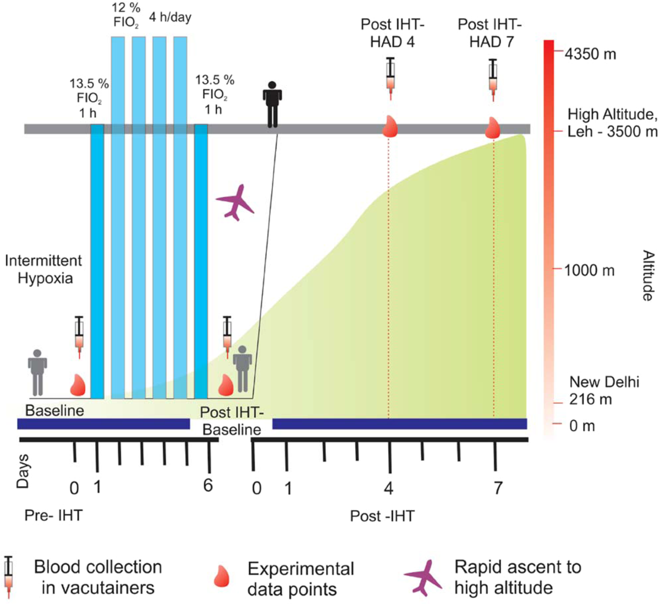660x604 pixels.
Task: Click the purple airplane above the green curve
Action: (x=235, y=203)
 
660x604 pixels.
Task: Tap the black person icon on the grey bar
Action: (x=272, y=104)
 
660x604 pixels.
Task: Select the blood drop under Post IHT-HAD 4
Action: (x=390, y=127)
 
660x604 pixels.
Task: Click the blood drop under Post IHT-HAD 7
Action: (x=492, y=127)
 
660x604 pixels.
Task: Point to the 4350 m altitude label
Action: (x=590, y=54)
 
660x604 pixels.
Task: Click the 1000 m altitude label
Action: (x=589, y=270)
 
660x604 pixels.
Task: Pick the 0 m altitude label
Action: (x=582, y=426)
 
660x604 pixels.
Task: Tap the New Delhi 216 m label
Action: (x=604, y=390)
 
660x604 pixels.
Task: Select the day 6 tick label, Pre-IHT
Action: (x=208, y=486)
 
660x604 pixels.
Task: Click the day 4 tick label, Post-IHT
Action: (x=389, y=488)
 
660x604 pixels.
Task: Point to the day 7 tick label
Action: (x=498, y=488)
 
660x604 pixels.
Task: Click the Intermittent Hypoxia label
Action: (x=43, y=269)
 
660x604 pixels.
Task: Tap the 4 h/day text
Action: (x=170, y=17)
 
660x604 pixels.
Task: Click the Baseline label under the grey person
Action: (x=54, y=410)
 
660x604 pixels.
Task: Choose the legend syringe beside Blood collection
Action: (x=8, y=577)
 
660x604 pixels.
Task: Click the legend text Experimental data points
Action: (x=300, y=579)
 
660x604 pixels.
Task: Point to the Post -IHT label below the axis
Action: (x=382, y=516)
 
